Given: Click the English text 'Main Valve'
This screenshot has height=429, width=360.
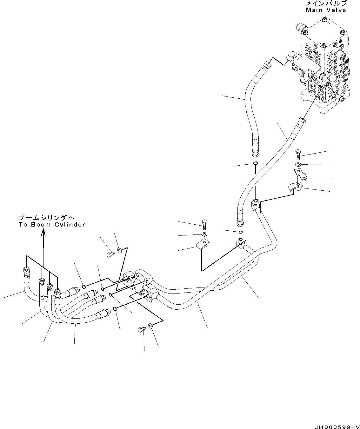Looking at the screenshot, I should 326,10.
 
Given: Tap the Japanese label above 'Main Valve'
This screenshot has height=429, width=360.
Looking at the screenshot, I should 326,3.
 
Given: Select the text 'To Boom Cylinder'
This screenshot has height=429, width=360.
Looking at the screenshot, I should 52,224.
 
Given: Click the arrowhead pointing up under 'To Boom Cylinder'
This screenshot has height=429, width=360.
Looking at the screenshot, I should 43,234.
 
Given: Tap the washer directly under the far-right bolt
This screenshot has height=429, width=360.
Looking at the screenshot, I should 298,164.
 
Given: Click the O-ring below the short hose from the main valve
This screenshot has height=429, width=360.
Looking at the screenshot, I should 255,164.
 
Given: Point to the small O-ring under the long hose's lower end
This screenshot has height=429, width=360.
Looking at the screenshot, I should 241,232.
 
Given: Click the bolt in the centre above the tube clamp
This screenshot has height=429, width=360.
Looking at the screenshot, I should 204,224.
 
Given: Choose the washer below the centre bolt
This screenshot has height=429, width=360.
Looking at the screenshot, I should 204,234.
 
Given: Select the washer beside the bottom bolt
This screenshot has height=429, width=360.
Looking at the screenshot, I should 150,326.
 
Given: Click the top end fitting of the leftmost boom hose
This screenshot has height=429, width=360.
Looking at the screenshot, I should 26,271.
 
